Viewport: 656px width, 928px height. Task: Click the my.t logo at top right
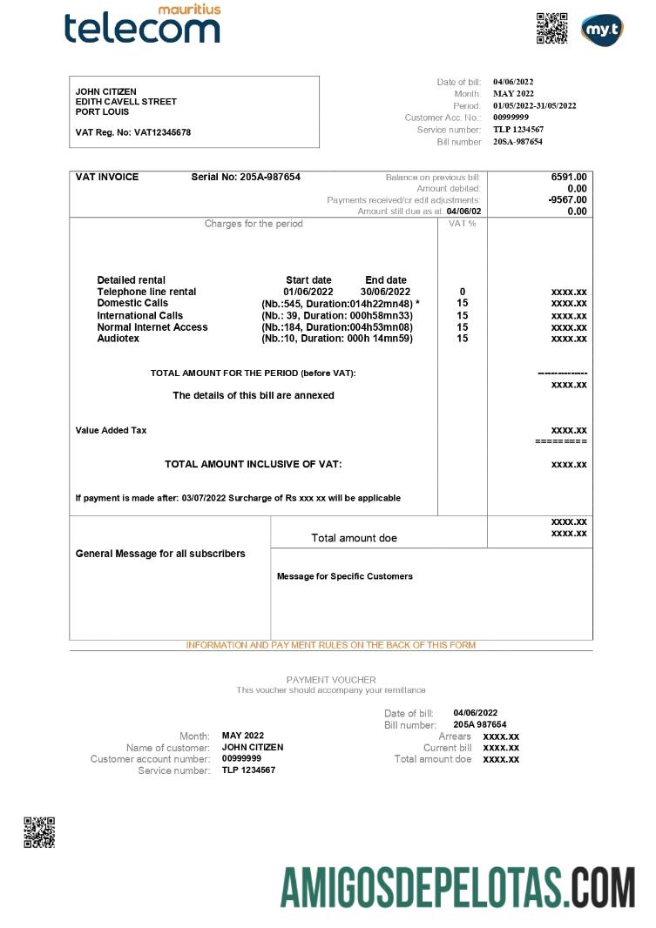point(602,29)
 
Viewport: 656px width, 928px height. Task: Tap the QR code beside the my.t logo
point(551,28)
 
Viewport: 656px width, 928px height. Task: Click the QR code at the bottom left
point(39,831)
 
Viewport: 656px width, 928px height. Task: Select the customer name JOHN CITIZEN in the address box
point(106,91)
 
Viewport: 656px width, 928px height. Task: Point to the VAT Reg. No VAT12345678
point(133,132)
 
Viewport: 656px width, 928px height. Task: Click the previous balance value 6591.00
point(569,177)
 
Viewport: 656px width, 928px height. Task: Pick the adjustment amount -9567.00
point(567,199)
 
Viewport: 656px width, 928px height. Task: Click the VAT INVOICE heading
point(107,177)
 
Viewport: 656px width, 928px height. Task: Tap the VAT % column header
point(462,224)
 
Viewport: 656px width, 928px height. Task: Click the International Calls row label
point(139,315)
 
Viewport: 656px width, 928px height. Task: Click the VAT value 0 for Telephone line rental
point(462,292)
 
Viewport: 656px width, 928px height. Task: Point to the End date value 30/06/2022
point(385,292)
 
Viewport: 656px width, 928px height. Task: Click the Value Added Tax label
point(111,430)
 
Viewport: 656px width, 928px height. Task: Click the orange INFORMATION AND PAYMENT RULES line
point(331,645)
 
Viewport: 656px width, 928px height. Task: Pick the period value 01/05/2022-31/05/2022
point(534,105)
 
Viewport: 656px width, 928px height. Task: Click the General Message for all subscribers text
point(160,554)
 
